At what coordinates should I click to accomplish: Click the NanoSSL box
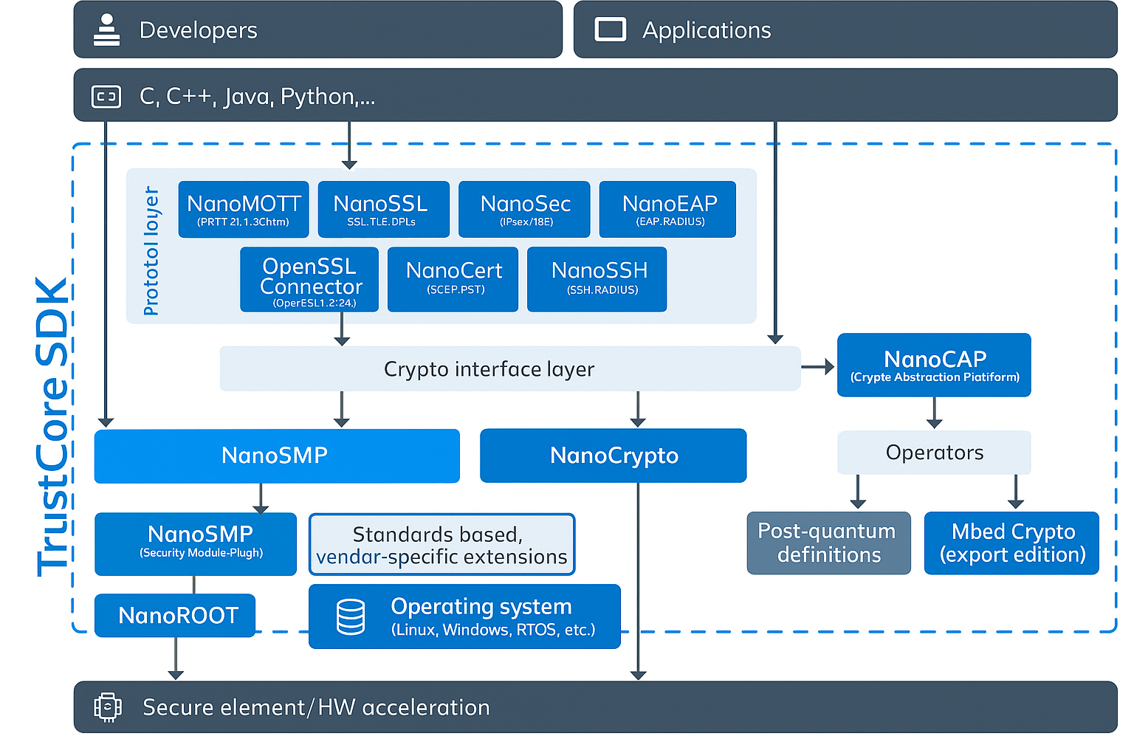point(383,210)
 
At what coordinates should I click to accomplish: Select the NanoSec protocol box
point(524,210)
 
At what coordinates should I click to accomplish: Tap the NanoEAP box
point(667,210)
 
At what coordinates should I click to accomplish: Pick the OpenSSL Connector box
point(309,280)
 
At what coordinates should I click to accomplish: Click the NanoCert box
point(453,280)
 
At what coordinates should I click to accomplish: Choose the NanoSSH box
point(597,280)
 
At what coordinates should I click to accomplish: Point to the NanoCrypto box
point(613,456)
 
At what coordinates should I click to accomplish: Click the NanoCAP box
point(934,365)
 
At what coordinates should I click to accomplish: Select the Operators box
point(934,453)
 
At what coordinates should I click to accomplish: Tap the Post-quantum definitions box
point(828,543)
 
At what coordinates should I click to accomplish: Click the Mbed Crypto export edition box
point(1011,543)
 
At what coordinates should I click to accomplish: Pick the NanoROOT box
point(175,615)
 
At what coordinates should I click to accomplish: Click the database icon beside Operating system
point(351,617)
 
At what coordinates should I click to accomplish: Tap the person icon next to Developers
point(107,30)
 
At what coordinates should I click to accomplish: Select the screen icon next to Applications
point(611,30)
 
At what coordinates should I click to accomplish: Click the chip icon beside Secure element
point(108,707)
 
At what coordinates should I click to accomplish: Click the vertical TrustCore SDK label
point(53,427)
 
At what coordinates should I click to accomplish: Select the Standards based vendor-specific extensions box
point(441,545)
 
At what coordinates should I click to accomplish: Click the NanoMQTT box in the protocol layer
point(244,210)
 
